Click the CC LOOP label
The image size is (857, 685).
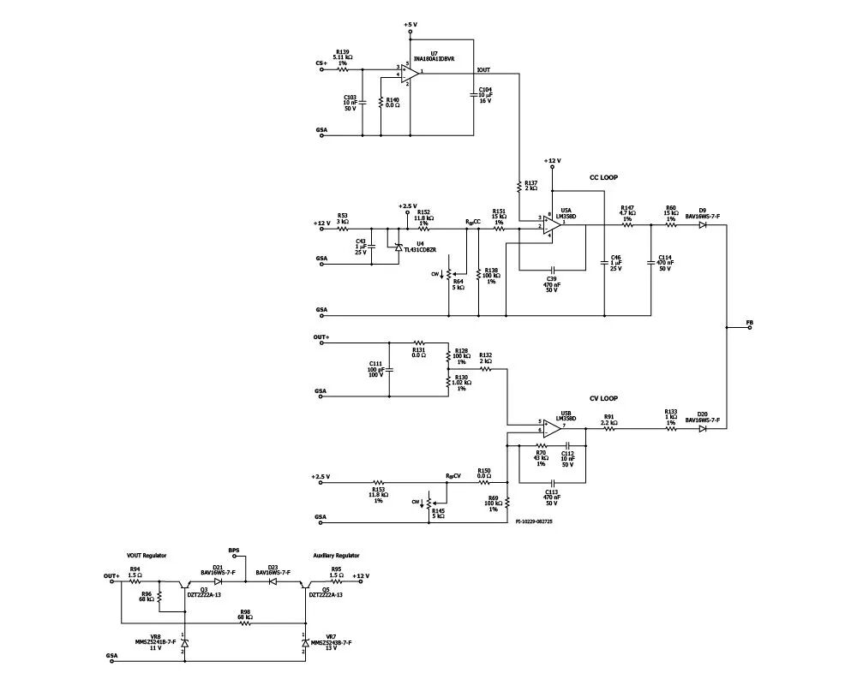pos(603,177)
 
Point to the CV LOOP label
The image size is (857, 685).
pos(603,398)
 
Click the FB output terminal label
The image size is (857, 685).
pos(750,322)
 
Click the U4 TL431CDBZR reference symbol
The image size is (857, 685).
pos(398,247)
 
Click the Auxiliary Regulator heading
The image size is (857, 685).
pos(336,556)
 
